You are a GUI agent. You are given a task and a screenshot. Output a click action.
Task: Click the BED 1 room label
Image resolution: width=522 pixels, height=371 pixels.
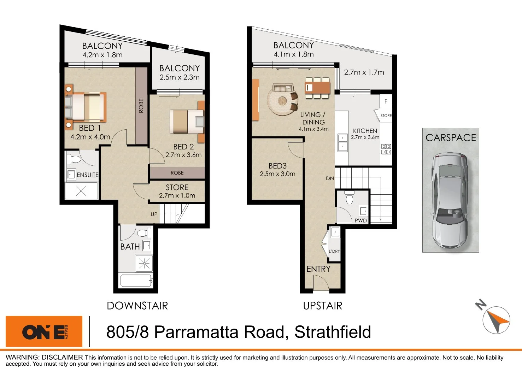pyautogui.click(x=90, y=128)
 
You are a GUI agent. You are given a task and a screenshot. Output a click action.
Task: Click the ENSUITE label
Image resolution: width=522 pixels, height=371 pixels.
pyautogui.click(x=88, y=175)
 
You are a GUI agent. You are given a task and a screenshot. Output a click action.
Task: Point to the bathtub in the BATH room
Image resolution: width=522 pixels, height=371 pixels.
pyautogui.click(x=136, y=281)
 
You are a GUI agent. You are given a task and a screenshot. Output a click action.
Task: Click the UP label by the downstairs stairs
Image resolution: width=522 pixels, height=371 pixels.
pyautogui.click(x=154, y=214)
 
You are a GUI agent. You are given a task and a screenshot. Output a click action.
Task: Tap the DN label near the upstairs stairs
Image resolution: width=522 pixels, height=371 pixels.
pyautogui.click(x=330, y=178)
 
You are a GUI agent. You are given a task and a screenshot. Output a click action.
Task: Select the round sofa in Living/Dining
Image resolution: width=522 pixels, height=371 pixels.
pyautogui.click(x=282, y=100)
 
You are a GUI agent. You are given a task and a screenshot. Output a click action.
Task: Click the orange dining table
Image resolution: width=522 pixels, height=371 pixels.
pyautogui.click(x=317, y=87)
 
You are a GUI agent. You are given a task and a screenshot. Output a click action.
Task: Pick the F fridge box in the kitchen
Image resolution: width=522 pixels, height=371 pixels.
pyautogui.click(x=386, y=101)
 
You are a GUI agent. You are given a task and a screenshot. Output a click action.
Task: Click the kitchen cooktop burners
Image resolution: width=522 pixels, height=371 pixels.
pyautogui.click(x=386, y=149)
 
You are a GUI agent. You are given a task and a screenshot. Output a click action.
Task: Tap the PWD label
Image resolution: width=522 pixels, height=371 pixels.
pyautogui.click(x=361, y=220)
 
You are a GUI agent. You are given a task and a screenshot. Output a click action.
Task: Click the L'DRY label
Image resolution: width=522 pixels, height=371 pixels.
pyautogui.click(x=334, y=251)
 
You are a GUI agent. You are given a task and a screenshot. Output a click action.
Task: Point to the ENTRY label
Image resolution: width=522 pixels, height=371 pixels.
pyautogui.click(x=318, y=269)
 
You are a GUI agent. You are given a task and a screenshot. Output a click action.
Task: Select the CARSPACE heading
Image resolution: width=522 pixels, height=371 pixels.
pyautogui.click(x=451, y=138)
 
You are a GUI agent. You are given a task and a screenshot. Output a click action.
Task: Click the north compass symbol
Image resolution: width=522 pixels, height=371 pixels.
pyautogui.click(x=495, y=319)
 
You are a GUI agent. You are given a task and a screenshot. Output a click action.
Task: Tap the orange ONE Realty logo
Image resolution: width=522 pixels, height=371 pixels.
pyautogui.click(x=44, y=331)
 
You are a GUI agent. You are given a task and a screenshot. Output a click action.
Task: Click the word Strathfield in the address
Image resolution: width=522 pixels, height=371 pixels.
pyautogui.click(x=333, y=332)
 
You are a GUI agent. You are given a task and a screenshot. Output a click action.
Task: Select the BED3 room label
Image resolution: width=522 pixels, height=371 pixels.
pyautogui.click(x=277, y=166)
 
